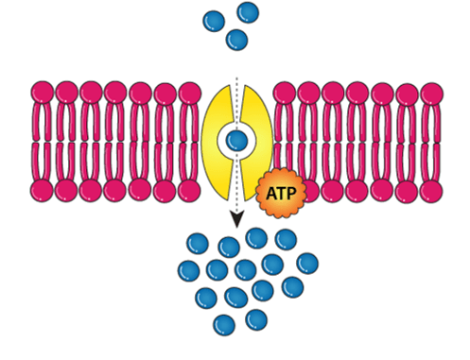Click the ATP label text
281,194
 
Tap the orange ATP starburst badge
281,193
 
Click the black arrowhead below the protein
236,219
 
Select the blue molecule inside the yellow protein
236,141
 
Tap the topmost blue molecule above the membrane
248,12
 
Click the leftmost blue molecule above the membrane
214,21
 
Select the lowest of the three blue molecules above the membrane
236,40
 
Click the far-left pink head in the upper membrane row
43,92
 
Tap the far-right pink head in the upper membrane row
432,94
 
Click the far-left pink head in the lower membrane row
42,191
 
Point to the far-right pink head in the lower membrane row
431,192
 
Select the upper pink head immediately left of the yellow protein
190,94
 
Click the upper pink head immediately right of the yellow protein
285,93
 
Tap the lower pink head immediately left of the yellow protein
189,191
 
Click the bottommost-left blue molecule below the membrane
224,325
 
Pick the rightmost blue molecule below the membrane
307,264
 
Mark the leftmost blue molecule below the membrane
188,271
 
